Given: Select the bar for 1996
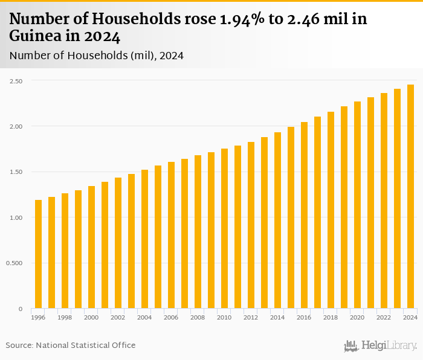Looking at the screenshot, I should coord(38,254).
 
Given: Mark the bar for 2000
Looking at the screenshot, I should coord(91,247).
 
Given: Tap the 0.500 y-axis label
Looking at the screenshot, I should coord(14,263).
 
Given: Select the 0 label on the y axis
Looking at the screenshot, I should coord(20,309).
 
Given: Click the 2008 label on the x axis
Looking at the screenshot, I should coord(198,317).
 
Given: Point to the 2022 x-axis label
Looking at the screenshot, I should coord(384,317).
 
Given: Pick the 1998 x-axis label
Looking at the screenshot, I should coord(65,317).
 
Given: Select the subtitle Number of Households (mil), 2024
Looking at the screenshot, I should coord(97,56).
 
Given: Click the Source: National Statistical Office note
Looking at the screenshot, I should coord(71,345).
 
